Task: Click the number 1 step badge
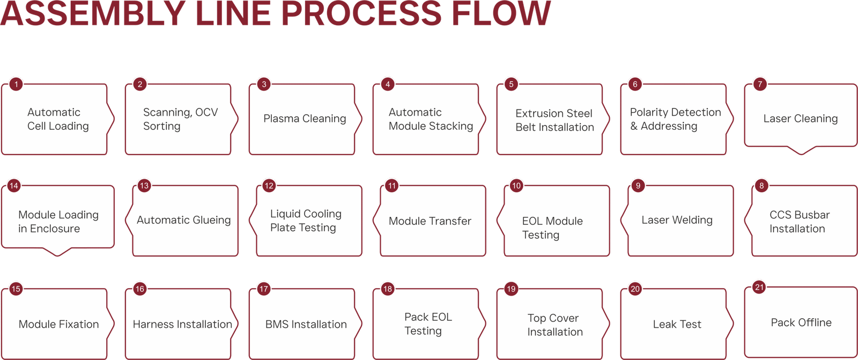16,84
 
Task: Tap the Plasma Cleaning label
305,119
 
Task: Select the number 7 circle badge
759,84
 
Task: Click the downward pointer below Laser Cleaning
801,150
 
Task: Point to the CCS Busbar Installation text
799,222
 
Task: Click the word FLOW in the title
501,13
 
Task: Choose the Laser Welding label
677,220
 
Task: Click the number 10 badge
516,186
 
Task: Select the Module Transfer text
430,221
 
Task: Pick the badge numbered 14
14,186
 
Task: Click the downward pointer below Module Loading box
57,252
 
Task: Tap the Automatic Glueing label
183,220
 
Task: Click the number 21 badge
759,287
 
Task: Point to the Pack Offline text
801,322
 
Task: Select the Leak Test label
677,324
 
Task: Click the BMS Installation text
306,324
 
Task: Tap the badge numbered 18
387,289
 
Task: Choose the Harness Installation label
182,324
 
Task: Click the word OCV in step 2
206,112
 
